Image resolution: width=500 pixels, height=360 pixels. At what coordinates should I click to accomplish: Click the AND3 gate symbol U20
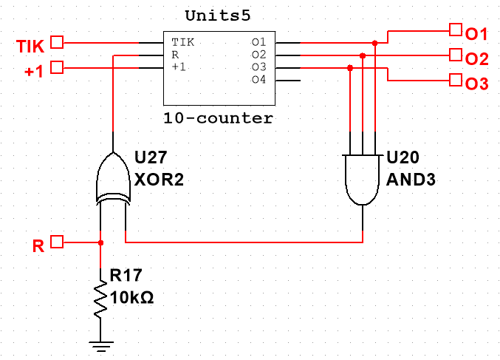pos(362,179)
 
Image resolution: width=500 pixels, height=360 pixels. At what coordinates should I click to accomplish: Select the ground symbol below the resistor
pos(101,343)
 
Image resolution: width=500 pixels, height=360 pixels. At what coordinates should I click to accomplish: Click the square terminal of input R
pos(58,242)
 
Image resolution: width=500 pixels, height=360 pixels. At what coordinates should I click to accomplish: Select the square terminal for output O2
pos(454,55)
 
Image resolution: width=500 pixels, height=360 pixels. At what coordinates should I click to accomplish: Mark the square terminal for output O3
pos(454,81)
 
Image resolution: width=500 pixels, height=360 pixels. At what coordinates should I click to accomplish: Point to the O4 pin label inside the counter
pos(258,79)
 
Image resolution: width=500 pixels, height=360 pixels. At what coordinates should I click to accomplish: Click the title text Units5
pos(219,16)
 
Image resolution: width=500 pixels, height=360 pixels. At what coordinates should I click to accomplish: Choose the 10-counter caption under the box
pos(219,118)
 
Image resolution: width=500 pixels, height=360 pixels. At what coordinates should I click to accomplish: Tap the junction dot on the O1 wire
pos(375,44)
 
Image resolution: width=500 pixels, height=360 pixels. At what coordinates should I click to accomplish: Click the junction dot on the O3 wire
pos(349,68)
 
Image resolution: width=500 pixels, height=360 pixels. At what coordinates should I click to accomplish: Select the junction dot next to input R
pos(101,242)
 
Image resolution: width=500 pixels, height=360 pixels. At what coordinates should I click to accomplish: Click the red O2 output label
pos(476,58)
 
